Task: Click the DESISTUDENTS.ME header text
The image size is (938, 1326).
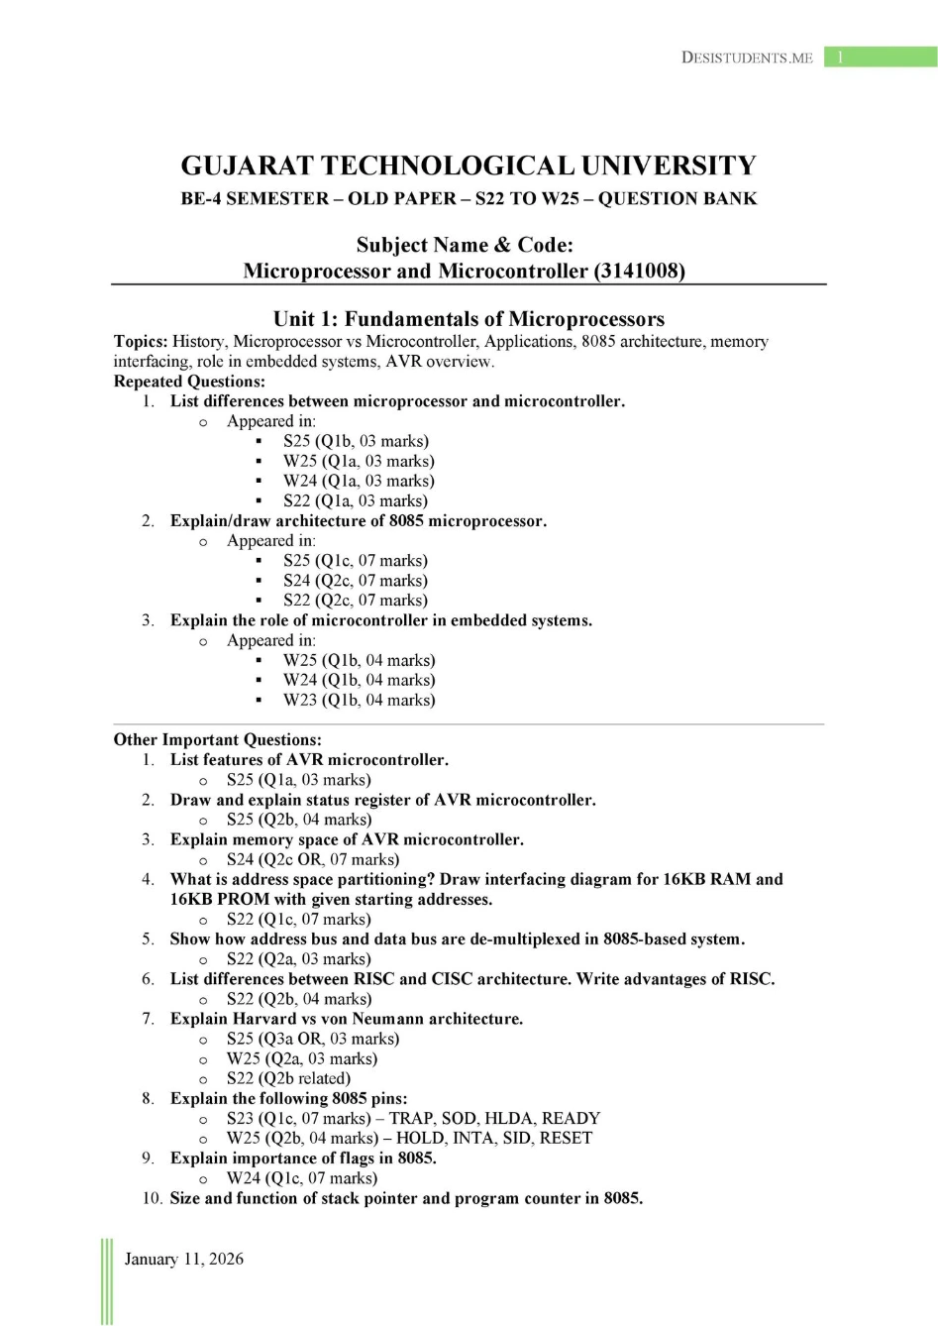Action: [x=747, y=57]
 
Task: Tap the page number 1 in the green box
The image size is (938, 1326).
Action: [x=840, y=57]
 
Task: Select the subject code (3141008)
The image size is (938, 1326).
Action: [x=640, y=271]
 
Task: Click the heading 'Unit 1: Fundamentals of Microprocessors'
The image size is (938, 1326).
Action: [x=469, y=319]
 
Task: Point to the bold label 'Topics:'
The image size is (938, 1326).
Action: [x=141, y=342]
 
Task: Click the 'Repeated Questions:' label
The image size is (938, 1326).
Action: [x=189, y=382]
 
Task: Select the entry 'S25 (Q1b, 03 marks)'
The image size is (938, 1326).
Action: [x=356, y=441]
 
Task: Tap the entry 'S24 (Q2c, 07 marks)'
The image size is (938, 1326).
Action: [x=356, y=581]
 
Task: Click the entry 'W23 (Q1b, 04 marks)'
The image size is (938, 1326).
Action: [x=359, y=700]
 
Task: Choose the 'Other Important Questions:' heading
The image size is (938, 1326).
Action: [x=217, y=740]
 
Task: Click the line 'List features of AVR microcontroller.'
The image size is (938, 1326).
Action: [x=309, y=760]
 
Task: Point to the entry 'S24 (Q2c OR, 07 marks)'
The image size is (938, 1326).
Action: [x=313, y=859]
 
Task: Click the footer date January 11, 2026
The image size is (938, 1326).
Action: [x=184, y=1259]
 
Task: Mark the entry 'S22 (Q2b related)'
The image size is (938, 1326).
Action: [x=288, y=1078]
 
